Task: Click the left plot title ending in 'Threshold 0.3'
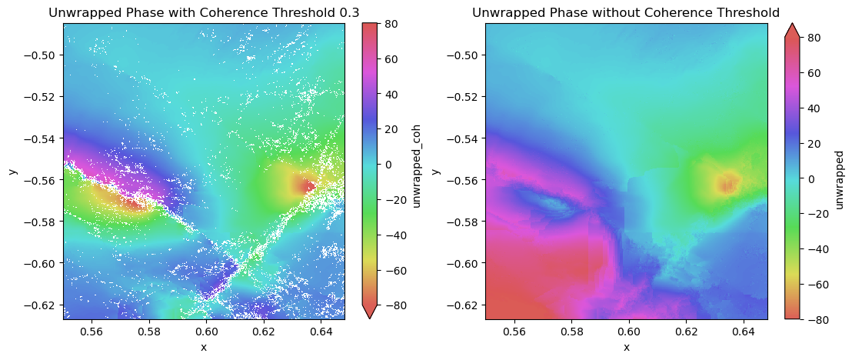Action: coord(204,12)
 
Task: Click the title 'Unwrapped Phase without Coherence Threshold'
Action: coord(626,12)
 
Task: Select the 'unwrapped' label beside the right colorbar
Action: coord(840,171)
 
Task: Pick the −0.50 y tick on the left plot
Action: coord(45,55)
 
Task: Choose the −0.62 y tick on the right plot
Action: coord(467,305)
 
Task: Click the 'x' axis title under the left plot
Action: coord(204,347)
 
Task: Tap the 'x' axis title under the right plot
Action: coord(626,347)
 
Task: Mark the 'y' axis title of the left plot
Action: coord(12,171)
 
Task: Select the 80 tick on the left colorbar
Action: coord(391,24)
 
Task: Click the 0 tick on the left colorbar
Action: coord(388,164)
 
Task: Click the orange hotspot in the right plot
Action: coord(727,183)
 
